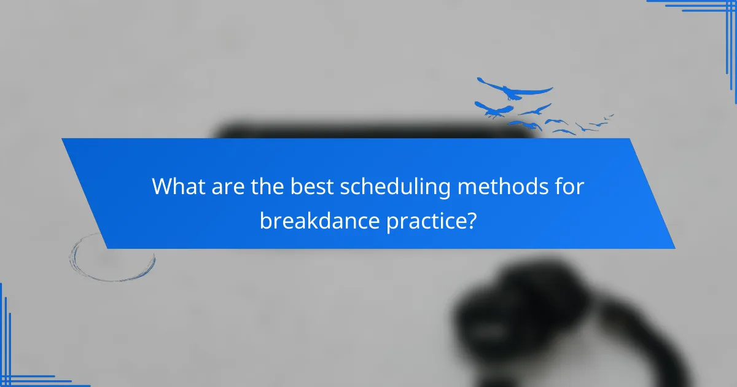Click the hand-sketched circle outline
click(x=112, y=257)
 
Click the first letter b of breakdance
click(x=265, y=219)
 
